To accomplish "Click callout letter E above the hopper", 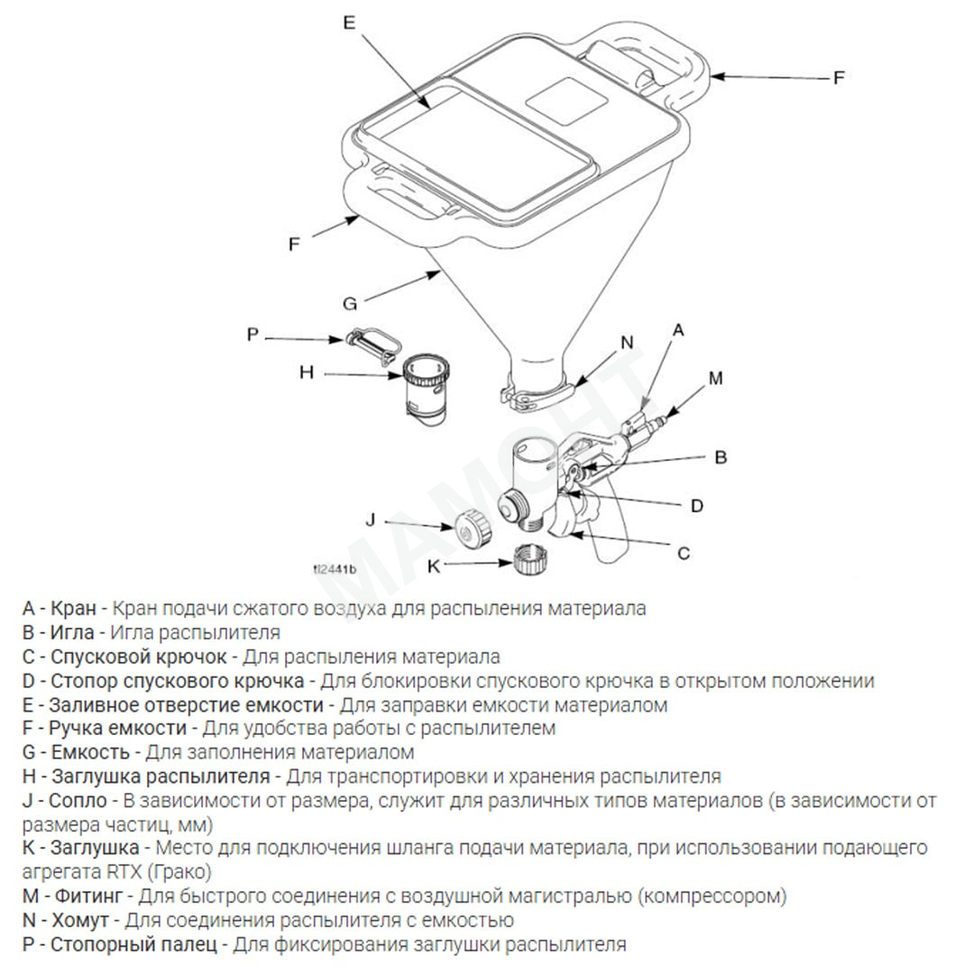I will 350,23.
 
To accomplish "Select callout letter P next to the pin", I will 253,335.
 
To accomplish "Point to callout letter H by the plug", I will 307,372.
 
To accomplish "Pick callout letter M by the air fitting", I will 715,379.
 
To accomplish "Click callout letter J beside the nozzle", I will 370,519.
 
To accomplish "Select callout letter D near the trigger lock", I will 696,506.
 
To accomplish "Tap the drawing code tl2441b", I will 335,569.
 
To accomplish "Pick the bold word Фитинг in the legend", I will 88,896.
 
